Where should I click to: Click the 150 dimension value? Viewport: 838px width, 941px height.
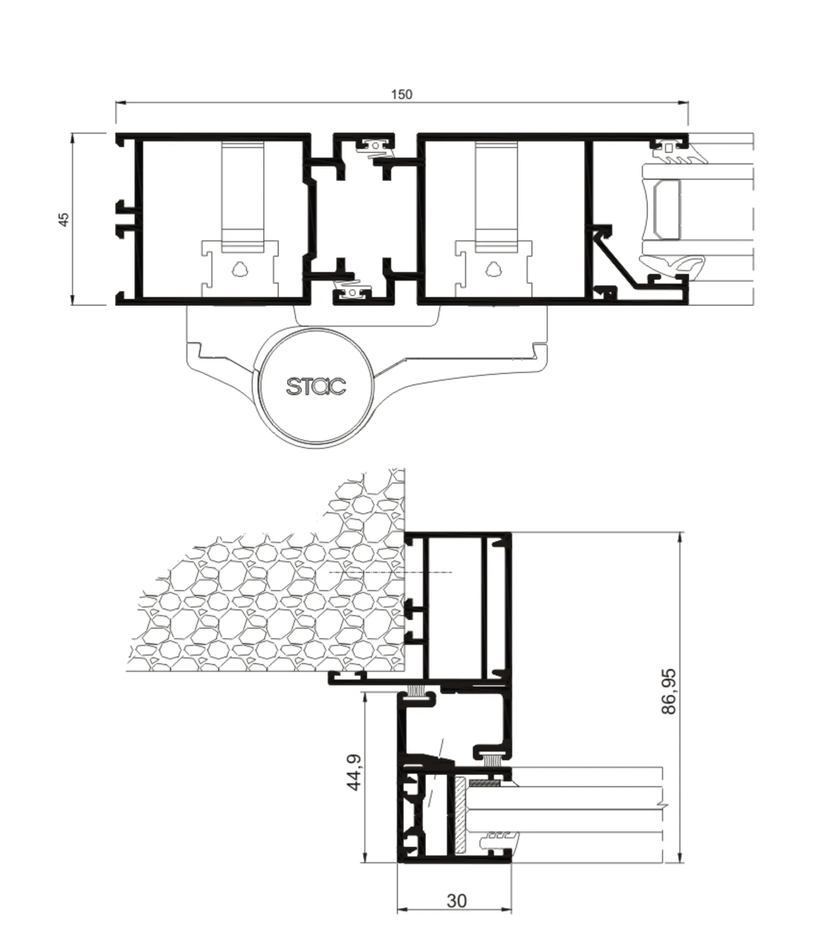click(401, 94)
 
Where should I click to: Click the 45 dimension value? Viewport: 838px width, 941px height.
click(63, 219)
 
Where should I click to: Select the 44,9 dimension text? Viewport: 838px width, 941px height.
click(355, 772)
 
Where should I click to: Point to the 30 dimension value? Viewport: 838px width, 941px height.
click(456, 901)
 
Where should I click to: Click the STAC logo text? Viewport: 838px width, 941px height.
click(316, 386)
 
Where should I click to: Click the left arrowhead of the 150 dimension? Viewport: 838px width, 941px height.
click(121, 102)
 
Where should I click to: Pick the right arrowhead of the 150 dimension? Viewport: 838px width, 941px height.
click(683, 102)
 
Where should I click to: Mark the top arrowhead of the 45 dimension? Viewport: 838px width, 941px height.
click(73, 138)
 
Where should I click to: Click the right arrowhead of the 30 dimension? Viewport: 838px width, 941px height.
click(506, 909)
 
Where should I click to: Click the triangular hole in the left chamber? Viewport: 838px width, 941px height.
click(239, 269)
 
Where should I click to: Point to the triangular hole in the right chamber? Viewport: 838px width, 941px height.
click(493, 269)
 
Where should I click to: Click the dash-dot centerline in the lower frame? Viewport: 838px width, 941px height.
click(390, 572)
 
